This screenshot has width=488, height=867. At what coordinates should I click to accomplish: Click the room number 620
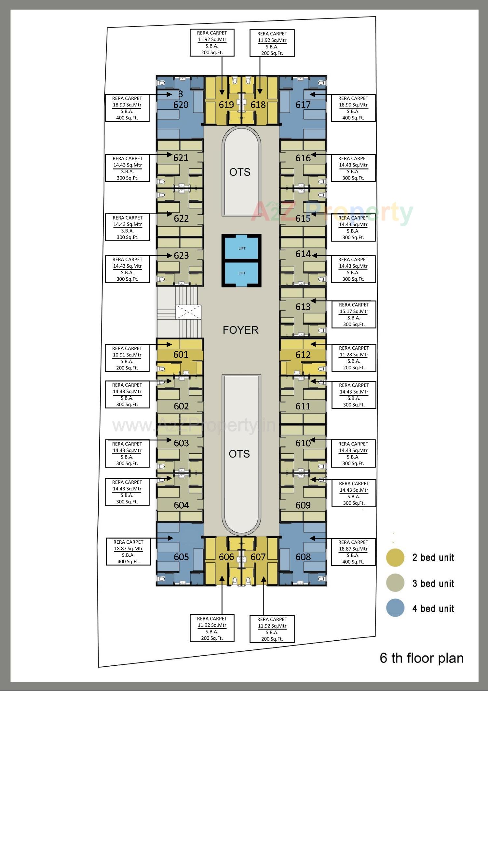[181, 105]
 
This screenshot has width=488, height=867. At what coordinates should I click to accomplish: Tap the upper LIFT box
[241, 248]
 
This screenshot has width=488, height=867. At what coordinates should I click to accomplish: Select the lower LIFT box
[241, 273]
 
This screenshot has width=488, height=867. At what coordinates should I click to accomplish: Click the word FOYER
[240, 330]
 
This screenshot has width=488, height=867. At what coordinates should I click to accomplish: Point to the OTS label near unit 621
[240, 172]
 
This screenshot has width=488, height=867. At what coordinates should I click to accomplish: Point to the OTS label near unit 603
[239, 454]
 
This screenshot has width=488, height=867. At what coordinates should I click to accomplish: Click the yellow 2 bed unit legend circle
[395, 557]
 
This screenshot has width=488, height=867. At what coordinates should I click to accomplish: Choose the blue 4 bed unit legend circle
[395, 608]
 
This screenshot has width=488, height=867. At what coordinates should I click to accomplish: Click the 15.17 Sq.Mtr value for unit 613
[354, 311]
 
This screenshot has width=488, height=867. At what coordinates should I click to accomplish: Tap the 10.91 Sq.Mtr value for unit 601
[127, 355]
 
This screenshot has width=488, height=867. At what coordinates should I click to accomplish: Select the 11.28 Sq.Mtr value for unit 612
[354, 354]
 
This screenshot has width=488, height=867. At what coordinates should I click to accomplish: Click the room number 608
[303, 557]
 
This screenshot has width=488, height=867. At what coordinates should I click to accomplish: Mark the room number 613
[303, 307]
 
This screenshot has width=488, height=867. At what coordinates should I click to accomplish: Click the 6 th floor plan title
[421, 658]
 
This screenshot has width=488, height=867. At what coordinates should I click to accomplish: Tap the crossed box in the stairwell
[188, 312]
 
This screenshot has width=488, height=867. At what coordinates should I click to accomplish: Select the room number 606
[226, 557]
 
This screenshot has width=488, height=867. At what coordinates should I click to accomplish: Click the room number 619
[226, 105]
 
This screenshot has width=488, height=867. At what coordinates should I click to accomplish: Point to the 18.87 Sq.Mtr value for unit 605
[128, 549]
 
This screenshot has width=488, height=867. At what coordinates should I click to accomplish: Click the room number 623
[181, 256]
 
